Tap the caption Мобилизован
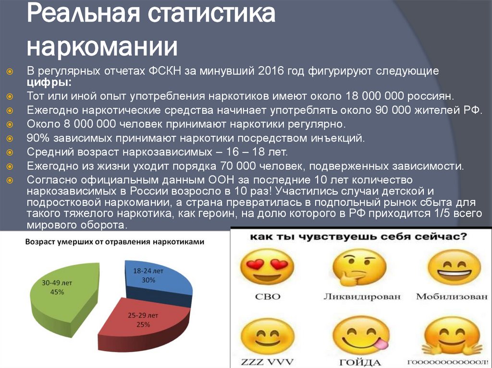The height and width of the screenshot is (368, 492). [x=452, y=296]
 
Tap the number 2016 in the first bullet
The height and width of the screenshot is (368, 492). [x=271, y=71]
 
